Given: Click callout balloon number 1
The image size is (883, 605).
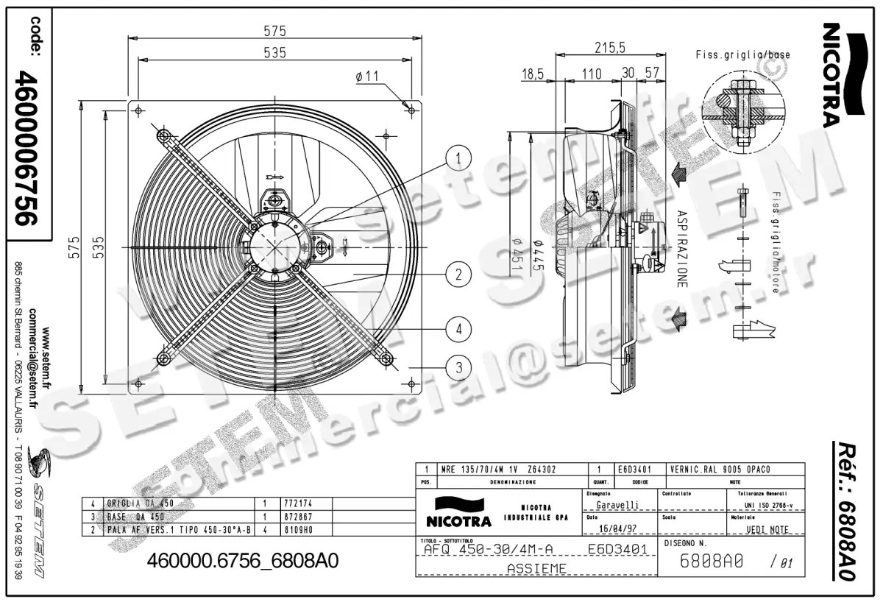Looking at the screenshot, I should click(458, 157).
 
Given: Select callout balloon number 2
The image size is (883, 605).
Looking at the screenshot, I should click(458, 275).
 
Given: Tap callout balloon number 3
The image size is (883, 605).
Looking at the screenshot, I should click(458, 366).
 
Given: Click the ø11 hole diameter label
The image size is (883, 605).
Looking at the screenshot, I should click(366, 76).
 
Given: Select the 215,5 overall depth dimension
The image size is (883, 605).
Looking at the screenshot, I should click(609, 48).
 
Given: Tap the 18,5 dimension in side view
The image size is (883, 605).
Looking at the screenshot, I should click(532, 74).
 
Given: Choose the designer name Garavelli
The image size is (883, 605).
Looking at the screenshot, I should click(617, 505).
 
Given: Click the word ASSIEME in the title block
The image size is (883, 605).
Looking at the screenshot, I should click(536, 568).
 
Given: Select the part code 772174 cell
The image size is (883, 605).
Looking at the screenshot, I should click(298, 504).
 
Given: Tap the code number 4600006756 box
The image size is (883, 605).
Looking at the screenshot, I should click(29, 147).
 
